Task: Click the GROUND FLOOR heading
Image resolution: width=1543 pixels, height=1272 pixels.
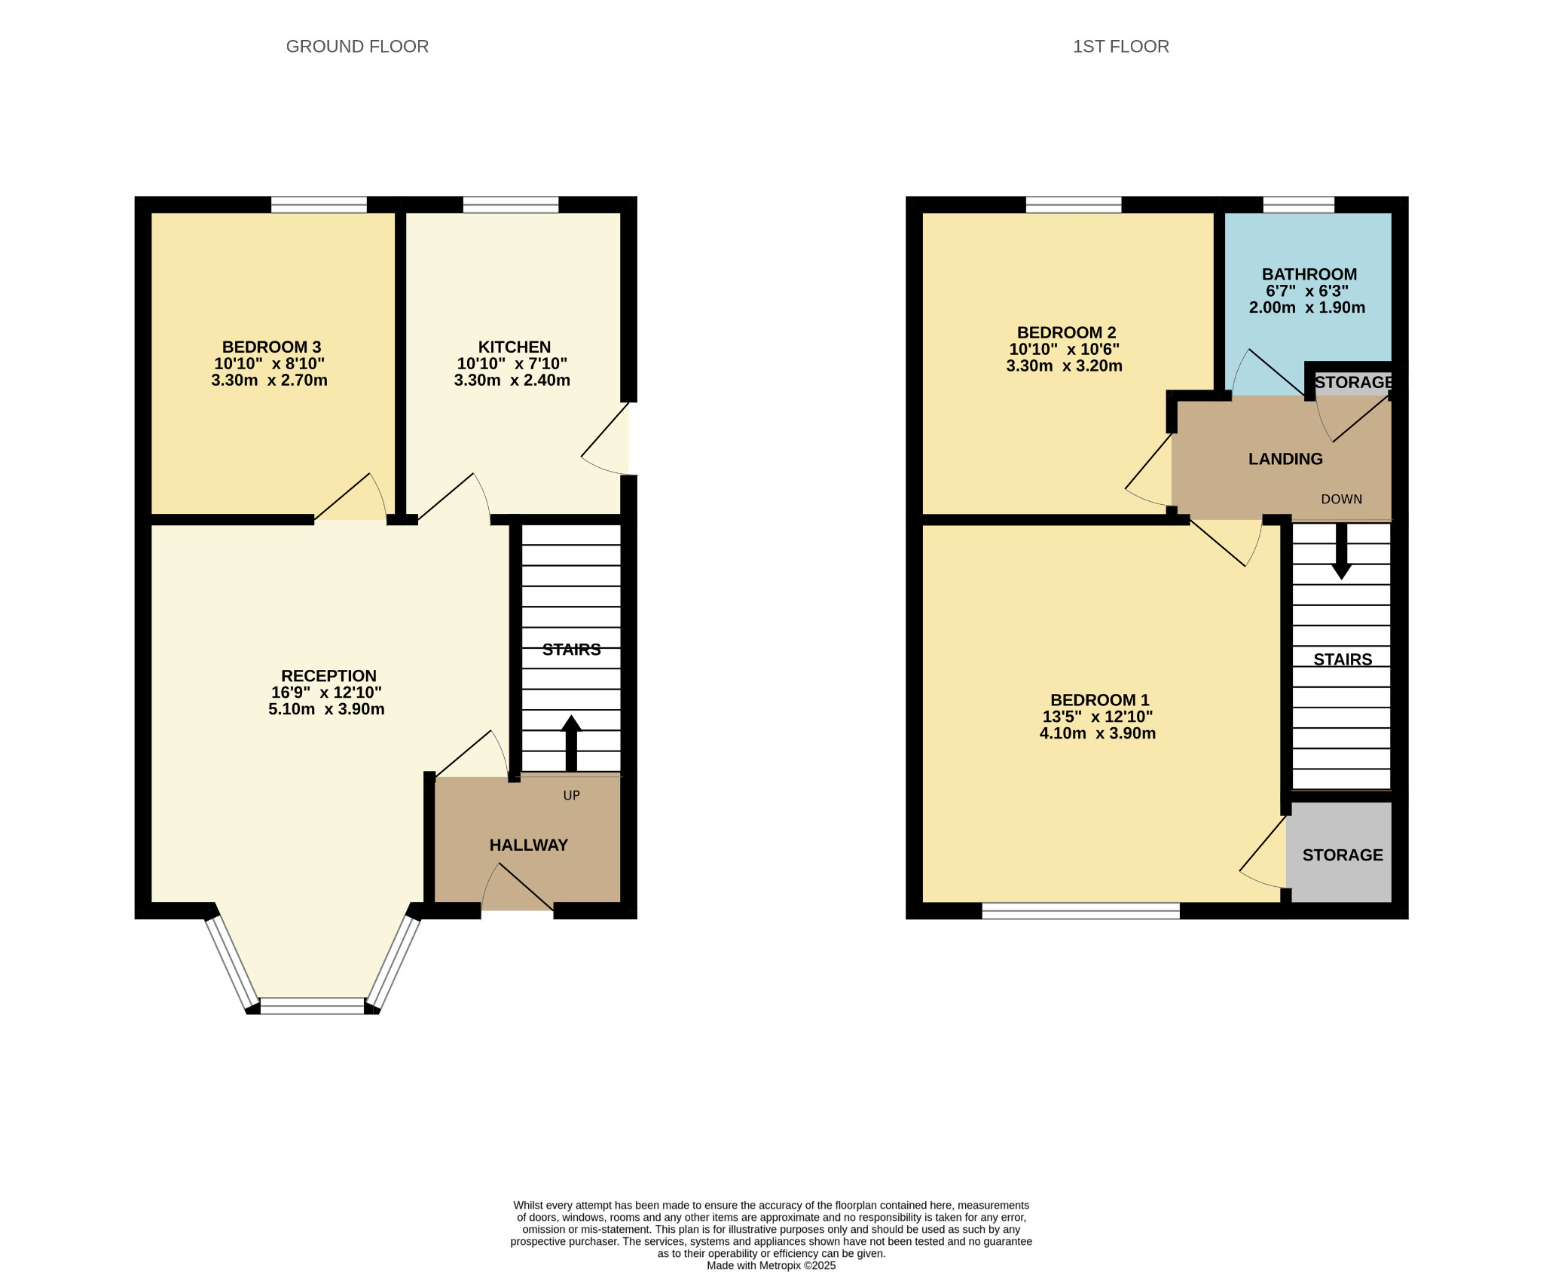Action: point(357,47)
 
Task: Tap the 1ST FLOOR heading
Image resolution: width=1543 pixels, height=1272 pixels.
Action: point(1120,47)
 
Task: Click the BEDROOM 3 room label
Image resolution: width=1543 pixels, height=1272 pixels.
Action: point(271,347)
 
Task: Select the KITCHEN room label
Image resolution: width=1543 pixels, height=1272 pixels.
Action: point(514,347)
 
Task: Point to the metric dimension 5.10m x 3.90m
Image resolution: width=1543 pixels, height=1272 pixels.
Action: point(326,709)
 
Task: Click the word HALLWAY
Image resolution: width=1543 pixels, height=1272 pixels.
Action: point(528,845)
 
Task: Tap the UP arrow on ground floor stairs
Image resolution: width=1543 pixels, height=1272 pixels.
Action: point(571,742)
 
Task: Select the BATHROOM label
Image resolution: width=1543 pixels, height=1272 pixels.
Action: point(1309,274)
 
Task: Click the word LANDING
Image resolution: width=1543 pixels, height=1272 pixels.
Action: point(1285,459)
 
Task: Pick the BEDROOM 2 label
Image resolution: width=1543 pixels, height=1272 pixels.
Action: point(1066,332)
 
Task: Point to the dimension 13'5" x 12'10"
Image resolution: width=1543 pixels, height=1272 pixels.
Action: point(1097,717)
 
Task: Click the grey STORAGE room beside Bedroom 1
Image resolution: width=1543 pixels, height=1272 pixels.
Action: point(1342,855)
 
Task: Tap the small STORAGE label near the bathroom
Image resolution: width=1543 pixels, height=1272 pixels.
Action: point(1353,382)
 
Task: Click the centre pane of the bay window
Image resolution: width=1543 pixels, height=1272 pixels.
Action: point(312,1005)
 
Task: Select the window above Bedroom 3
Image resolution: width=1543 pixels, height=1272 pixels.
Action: point(319,204)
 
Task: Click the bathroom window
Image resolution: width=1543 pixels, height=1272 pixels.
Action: point(1298,204)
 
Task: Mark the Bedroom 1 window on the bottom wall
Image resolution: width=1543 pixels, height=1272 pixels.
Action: point(1080,911)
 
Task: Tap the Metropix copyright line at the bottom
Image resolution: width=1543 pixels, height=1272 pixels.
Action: point(771,1265)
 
